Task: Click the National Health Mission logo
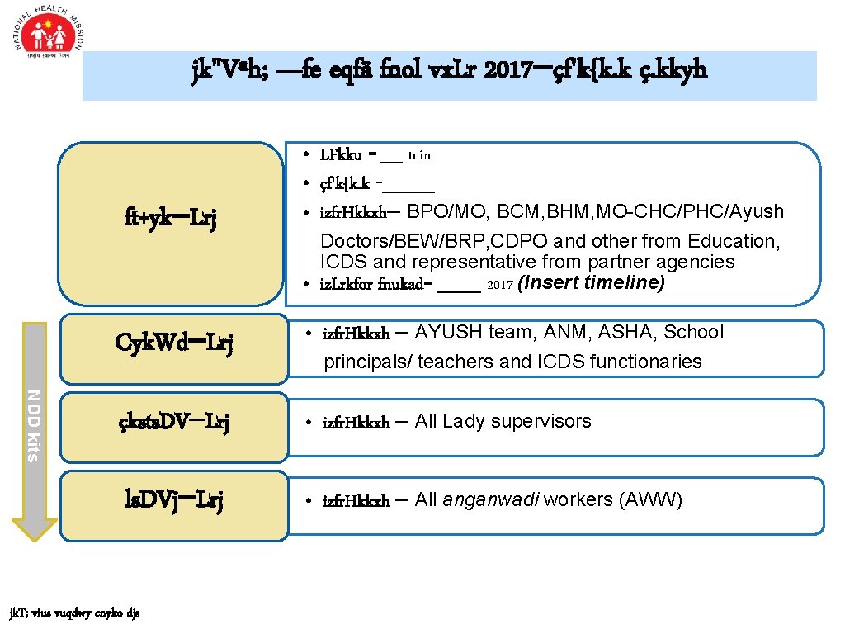49,37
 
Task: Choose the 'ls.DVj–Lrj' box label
173,500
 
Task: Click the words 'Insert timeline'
592,283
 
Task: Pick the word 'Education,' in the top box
738,241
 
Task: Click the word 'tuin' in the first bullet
419,155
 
